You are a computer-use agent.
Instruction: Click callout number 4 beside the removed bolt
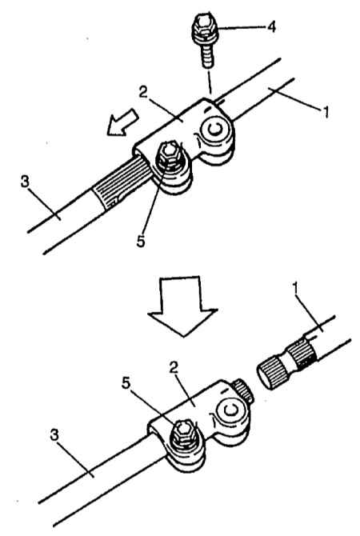(x=271, y=26)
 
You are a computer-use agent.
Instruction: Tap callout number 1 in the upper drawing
(x=326, y=112)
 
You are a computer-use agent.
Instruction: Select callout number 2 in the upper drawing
(x=144, y=92)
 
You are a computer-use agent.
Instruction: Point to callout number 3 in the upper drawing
(x=25, y=182)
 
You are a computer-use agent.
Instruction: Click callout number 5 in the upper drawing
(x=141, y=241)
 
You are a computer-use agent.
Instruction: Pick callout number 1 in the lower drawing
(x=297, y=289)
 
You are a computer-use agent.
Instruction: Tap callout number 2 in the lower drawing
(x=174, y=367)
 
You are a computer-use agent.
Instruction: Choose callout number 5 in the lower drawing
(x=126, y=383)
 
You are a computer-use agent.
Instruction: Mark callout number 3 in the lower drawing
(x=54, y=435)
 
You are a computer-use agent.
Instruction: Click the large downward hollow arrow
(x=183, y=306)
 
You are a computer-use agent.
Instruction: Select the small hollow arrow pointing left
(x=122, y=122)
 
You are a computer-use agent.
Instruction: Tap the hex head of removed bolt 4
(x=203, y=26)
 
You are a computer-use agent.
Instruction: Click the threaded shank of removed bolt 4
(x=207, y=54)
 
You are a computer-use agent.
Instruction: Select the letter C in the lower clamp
(x=230, y=410)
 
